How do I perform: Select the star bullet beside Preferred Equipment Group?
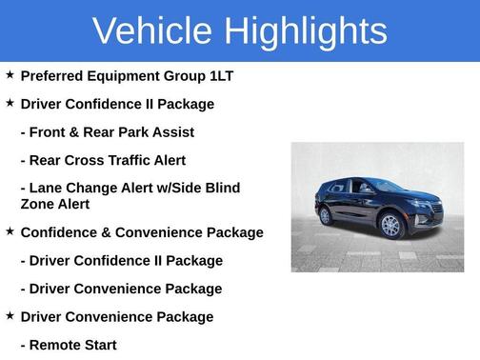click(10, 74)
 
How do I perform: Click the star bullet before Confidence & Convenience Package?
click(10, 231)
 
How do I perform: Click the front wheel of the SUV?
click(391, 226)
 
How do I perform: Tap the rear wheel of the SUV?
click(327, 215)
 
